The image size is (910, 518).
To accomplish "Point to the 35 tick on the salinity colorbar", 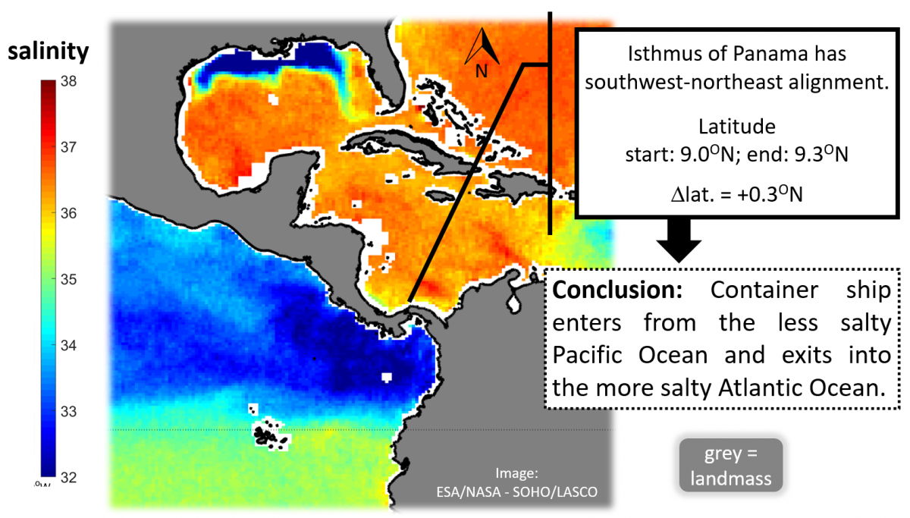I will [x=66, y=280].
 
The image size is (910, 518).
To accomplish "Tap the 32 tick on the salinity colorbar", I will [x=66, y=478].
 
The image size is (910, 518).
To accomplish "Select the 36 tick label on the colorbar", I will [x=66, y=214].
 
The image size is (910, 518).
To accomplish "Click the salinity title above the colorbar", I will [x=49, y=52].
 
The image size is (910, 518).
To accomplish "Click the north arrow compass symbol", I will [x=482, y=47].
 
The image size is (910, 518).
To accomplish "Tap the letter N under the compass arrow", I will [x=481, y=71].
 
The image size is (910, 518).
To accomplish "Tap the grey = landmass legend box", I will [x=730, y=464].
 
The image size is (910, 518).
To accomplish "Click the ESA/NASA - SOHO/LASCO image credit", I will [x=516, y=485].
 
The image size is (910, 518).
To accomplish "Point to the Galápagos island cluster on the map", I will [x=270, y=434].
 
